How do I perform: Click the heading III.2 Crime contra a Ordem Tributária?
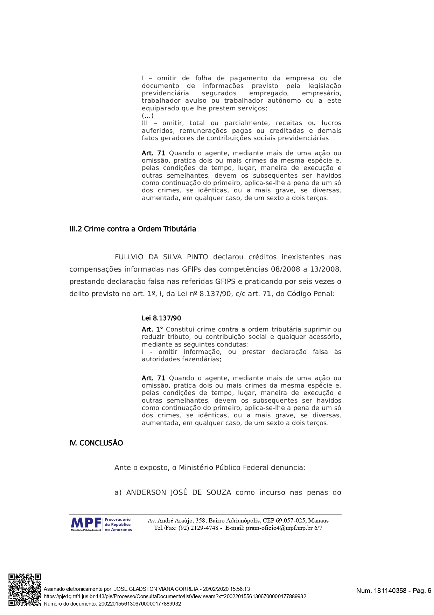click(x=133, y=229)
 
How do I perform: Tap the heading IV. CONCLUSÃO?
click(x=96, y=443)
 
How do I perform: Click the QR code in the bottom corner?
click(x=24, y=590)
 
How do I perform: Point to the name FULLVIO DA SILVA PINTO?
click(x=161, y=257)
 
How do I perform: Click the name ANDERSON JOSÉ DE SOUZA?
click(x=178, y=493)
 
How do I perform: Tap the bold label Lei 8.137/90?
click(x=161, y=319)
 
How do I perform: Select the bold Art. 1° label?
click(x=153, y=330)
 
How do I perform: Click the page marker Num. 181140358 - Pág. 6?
click(x=393, y=591)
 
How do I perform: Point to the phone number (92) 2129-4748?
click(x=198, y=528)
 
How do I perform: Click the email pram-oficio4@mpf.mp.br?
click(x=279, y=528)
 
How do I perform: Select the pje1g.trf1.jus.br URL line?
click(x=175, y=596)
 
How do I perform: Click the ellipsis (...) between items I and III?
click(x=148, y=116)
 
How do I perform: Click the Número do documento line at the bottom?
click(x=112, y=604)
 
